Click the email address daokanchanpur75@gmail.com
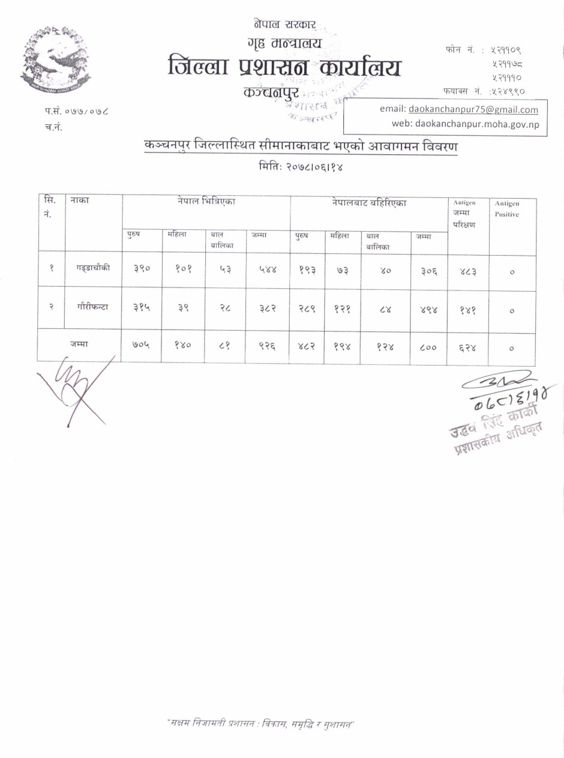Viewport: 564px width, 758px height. tap(473, 109)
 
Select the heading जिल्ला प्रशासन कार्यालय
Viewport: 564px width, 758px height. tap(284, 67)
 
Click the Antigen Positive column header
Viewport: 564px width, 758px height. tap(507, 209)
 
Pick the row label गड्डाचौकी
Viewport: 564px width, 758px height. tap(93, 268)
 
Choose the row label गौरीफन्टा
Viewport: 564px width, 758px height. tap(93, 307)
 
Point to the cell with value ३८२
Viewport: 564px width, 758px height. tap(268, 308)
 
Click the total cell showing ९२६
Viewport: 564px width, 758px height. tap(268, 347)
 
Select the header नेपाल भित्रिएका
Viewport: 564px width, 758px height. tap(206, 202)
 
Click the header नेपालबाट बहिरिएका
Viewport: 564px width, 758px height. tap(369, 203)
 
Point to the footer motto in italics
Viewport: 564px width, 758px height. tap(261, 724)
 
